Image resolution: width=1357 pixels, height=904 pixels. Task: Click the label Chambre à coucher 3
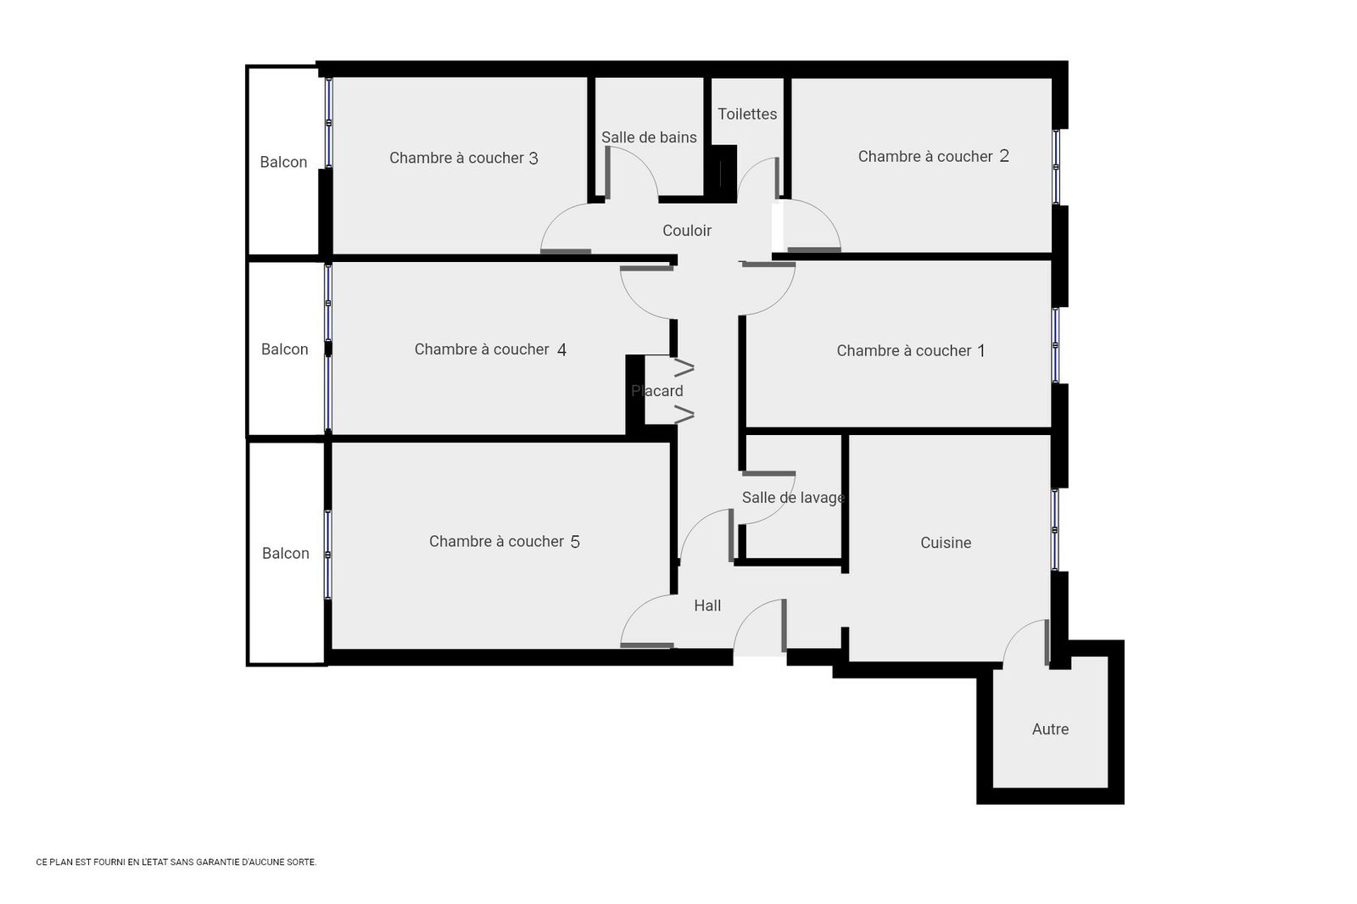click(x=463, y=158)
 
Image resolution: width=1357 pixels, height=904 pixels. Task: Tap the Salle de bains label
click(x=649, y=137)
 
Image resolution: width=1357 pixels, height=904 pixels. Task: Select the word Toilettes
click(x=747, y=114)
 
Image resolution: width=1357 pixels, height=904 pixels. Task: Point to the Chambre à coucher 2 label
click(x=933, y=156)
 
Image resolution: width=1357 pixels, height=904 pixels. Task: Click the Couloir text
click(x=687, y=231)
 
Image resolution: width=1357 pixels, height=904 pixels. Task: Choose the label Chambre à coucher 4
click(x=490, y=349)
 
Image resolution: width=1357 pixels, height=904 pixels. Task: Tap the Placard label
click(x=657, y=391)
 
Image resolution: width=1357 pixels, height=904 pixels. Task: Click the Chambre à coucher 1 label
click(x=911, y=351)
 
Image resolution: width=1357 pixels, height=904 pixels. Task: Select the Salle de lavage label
click(x=793, y=498)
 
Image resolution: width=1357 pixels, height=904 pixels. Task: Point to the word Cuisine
click(x=946, y=543)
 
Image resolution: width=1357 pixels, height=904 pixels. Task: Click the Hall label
click(x=707, y=605)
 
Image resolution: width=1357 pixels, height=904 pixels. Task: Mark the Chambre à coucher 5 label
click(x=505, y=542)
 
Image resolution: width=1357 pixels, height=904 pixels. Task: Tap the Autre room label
click(x=1050, y=729)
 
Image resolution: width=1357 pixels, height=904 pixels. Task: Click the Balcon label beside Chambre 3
click(x=283, y=162)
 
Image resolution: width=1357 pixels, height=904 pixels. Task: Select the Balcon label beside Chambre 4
click(x=284, y=349)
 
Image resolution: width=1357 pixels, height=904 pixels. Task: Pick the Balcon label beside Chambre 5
click(x=285, y=554)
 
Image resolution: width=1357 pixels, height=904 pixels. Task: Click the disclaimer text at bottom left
click(x=176, y=862)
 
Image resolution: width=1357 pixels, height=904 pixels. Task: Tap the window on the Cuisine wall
click(x=1056, y=530)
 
